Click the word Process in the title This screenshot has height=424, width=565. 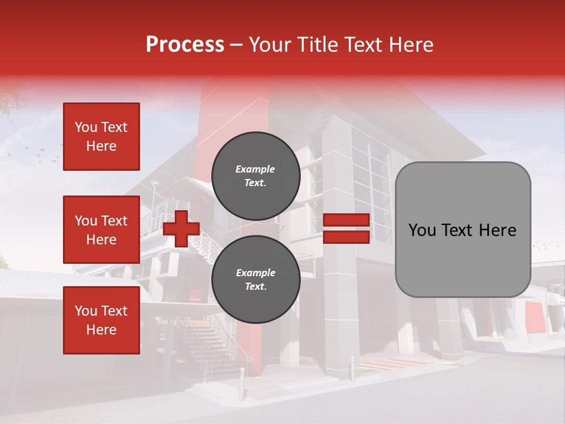tap(185, 45)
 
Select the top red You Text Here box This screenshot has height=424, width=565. tap(101, 137)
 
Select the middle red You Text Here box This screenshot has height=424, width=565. tap(101, 230)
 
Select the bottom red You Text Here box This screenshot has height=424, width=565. tap(101, 320)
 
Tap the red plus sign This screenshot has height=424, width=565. tap(181, 228)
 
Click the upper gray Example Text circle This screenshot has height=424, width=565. tap(255, 176)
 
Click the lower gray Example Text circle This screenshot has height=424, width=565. tap(255, 280)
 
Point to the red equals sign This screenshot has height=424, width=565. tap(346, 228)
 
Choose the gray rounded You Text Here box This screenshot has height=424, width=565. tap(463, 230)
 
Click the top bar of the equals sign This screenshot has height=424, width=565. tap(346, 220)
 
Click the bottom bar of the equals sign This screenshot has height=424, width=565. tap(346, 237)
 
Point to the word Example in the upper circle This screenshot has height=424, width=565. tap(255, 170)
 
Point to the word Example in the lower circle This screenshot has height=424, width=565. tap(255, 273)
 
